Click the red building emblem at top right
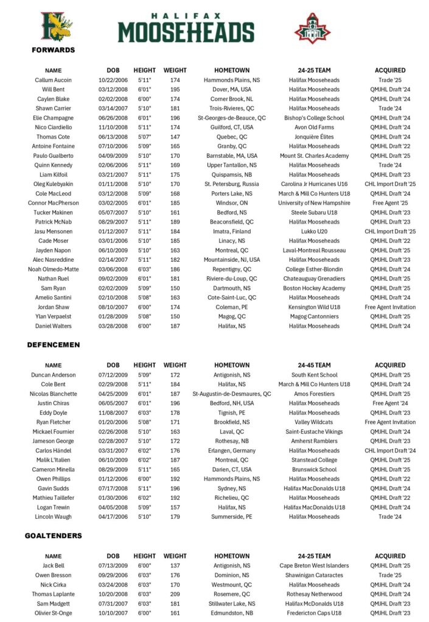(312, 28)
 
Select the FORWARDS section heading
(54, 50)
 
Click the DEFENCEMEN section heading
(54, 344)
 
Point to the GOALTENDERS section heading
(54, 536)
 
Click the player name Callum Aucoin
(54, 80)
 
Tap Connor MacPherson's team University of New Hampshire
(314, 203)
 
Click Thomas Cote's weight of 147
(175, 137)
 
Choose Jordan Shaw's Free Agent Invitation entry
(390, 307)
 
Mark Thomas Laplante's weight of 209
(175, 594)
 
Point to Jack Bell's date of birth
(113, 566)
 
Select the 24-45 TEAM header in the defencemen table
(314, 365)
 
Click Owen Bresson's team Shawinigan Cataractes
(314, 575)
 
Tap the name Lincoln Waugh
(54, 517)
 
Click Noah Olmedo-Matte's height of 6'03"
(145, 269)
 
